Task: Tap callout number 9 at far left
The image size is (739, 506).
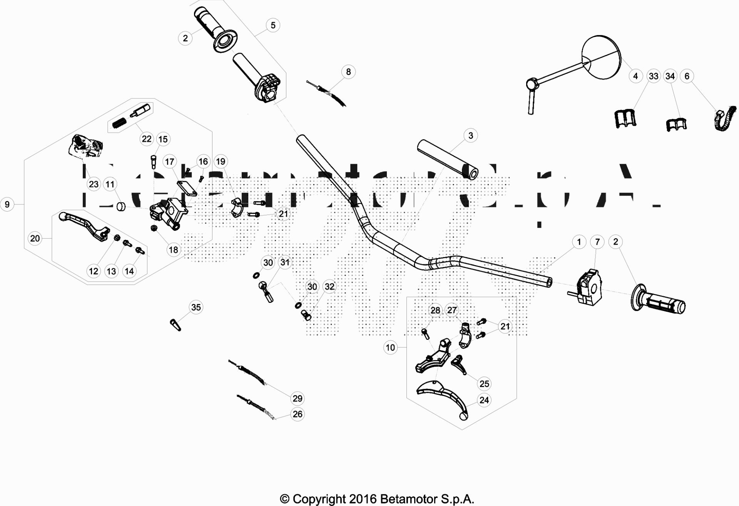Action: (7, 204)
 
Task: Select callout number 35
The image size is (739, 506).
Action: (196, 307)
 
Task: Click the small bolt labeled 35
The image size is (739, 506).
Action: (176, 324)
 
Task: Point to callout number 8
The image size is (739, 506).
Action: (348, 72)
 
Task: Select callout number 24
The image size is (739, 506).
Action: (484, 400)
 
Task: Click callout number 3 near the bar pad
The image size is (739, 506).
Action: (470, 135)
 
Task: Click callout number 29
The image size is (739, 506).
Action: (298, 398)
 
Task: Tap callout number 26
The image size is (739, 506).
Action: (298, 414)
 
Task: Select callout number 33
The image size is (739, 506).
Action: (654, 76)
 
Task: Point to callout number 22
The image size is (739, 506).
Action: (147, 139)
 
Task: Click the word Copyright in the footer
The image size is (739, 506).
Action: (319, 499)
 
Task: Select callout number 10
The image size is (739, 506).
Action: (390, 347)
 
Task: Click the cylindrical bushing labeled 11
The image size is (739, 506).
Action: (121, 207)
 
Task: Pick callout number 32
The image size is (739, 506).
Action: (329, 287)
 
